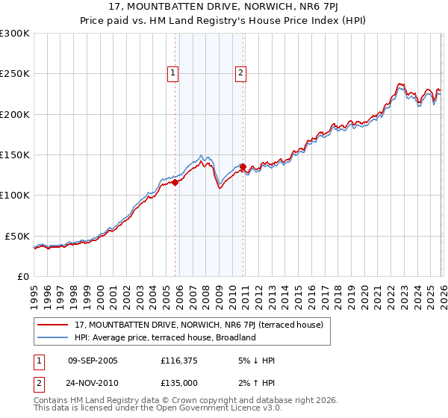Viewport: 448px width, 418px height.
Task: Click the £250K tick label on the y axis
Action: pos(15,74)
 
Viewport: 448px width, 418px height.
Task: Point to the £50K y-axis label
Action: pos(17,236)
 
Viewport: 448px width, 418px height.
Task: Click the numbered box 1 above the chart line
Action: pos(173,73)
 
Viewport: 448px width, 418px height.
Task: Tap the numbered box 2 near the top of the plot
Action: pos(242,73)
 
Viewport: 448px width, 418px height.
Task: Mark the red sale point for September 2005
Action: pos(175,181)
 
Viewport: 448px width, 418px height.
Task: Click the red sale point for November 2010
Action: pos(243,166)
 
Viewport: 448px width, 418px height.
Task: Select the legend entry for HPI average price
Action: pos(165,337)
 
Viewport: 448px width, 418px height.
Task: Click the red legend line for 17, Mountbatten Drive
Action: pos(54,325)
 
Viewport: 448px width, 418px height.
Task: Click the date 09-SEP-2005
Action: pos(93,361)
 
